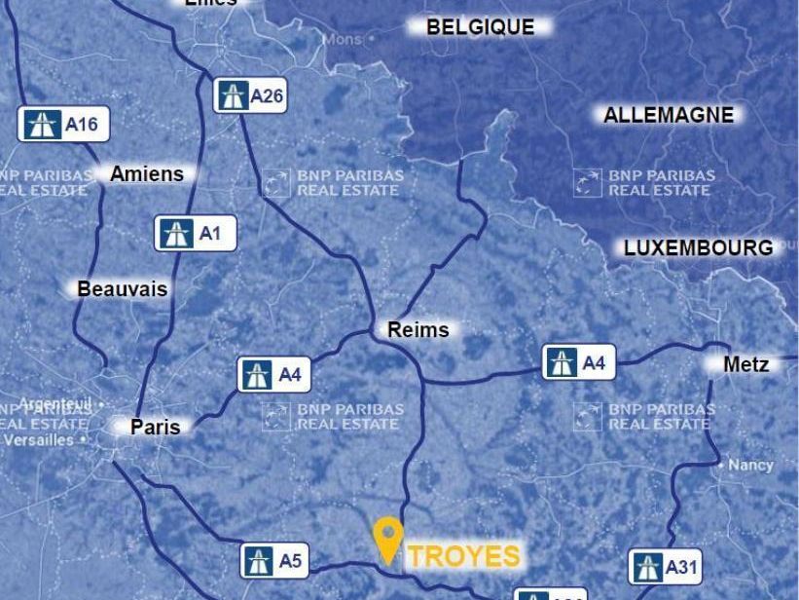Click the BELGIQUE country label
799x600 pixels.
click(x=481, y=27)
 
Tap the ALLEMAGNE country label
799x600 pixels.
click(x=668, y=115)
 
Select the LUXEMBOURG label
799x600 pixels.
click(x=698, y=247)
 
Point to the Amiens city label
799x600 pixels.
click(x=146, y=173)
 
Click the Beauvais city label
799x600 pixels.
click(x=122, y=289)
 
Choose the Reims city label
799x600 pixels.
click(x=418, y=329)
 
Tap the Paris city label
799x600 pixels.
click(x=156, y=427)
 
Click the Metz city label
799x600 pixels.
click(x=746, y=364)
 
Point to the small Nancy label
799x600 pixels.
click(x=751, y=466)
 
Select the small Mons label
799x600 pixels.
click(x=342, y=40)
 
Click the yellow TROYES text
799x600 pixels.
click(x=463, y=556)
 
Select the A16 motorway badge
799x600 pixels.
click(x=63, y=124)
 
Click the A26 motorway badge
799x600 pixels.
click(x=250, y=95)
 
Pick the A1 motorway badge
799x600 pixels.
click(x=195, y=234)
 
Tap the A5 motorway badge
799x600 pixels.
click(x=274, y=561)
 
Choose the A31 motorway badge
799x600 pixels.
click(x=666, y=567)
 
